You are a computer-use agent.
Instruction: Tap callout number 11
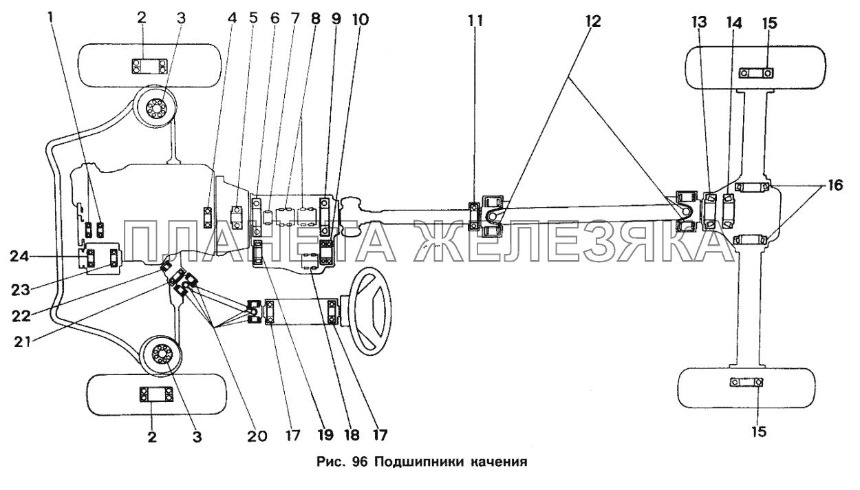(475, 21)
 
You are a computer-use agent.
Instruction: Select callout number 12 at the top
(594, 21)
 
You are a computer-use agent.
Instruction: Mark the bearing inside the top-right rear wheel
(755, 74)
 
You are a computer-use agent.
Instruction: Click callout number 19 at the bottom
(325, 435)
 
